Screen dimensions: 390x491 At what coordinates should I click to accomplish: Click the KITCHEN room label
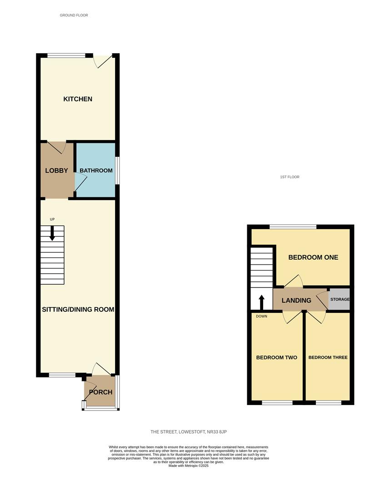point(78,99)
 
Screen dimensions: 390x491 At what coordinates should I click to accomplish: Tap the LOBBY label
point(56,170)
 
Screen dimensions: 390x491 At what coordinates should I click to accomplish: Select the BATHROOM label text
point(96,170)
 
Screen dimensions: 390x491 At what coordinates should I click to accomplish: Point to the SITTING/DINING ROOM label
point(78,310)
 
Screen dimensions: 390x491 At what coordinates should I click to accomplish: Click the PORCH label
point(100,392)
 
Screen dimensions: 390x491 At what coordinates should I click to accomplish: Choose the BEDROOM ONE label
point(313,257)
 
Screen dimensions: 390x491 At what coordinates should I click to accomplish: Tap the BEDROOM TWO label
point(277,358)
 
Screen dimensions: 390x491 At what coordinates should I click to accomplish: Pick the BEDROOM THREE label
point(328,358)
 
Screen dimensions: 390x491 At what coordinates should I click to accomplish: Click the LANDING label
point(296,301)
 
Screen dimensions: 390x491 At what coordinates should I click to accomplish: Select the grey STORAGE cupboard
point(339,299)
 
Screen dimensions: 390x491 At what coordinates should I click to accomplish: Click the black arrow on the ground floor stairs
point(52,233)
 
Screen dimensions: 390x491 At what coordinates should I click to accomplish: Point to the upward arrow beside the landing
point(261,302)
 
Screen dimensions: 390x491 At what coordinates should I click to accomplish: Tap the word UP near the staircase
point(52,219)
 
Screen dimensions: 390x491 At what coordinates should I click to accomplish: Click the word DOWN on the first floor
point(262,316)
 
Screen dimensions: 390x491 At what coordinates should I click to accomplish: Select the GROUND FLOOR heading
point(74,15)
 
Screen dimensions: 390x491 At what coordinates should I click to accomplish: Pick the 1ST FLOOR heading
point(290,177)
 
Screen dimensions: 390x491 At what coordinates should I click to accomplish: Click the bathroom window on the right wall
point(117,170)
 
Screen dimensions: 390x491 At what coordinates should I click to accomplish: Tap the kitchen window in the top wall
point(66,56)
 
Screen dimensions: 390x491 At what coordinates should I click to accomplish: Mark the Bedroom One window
point(293,227)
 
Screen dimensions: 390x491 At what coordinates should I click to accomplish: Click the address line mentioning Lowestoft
point(189,432)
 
